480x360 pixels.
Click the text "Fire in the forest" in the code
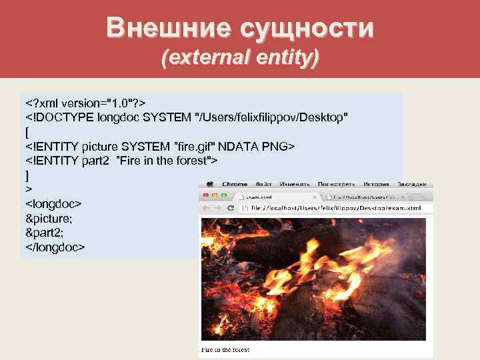coord(167,161)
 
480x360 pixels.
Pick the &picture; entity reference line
coord(49,218)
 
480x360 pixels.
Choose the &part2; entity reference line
coord(44,233)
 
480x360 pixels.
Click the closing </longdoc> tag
coord(55,247)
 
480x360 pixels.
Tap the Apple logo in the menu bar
coord(209,184)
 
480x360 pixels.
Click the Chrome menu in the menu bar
coord(234,184)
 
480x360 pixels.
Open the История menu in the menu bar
coord(376,184)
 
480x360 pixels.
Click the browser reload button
coord(230,208)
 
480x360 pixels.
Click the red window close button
coord(205,196)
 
